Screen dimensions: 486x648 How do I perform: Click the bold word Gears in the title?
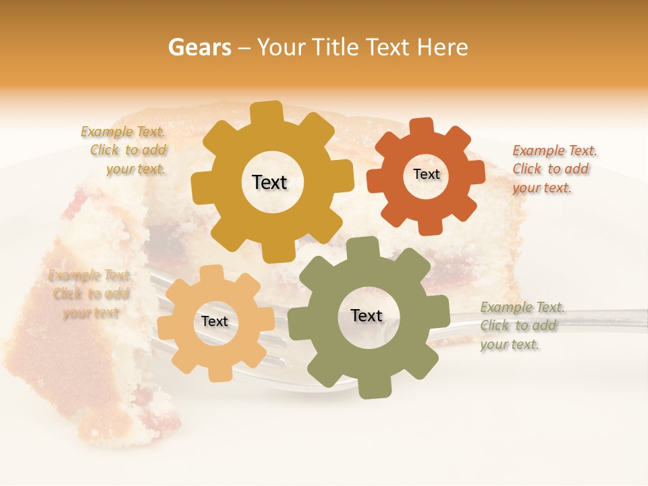[x=199, y=47]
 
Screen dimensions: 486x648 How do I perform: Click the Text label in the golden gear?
[x=269, y=182]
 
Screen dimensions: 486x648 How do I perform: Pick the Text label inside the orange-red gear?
[x=426, y=174]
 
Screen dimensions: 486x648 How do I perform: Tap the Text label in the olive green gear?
[x=367, y=315]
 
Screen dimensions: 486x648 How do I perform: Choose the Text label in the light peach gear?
[x=215, y=322]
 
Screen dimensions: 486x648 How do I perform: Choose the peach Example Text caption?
[x=90, y=294]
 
